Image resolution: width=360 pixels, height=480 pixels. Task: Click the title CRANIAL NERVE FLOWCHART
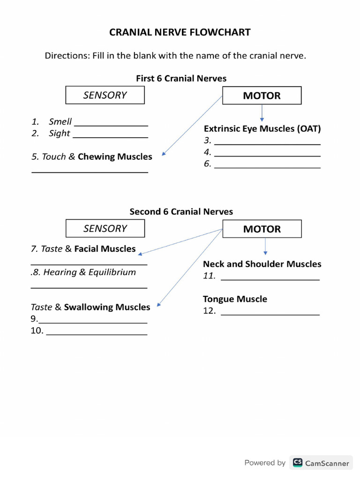[x=180, y=32]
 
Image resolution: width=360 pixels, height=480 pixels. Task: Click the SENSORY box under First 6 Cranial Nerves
[x=105, y=95]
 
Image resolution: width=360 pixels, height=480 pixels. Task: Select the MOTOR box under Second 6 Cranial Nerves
[x=262, y=229]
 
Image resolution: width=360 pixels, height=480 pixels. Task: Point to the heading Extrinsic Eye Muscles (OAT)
[x=262, y=128]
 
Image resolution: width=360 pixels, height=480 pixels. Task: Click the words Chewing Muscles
[x=115, y=157]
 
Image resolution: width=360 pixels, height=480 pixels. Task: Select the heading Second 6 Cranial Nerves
[x=181, y=212]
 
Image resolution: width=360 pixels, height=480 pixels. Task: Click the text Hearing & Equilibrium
[x=90, y=272]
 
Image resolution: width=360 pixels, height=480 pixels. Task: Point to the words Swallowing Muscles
[x=107, y=307]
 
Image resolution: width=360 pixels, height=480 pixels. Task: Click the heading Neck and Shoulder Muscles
[x=262, y=264]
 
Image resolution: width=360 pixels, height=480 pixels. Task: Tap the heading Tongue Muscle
[x=235, y=299]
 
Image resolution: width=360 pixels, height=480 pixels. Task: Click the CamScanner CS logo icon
[x=297, y=463]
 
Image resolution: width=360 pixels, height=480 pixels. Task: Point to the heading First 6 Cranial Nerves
[x=181, y=78]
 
